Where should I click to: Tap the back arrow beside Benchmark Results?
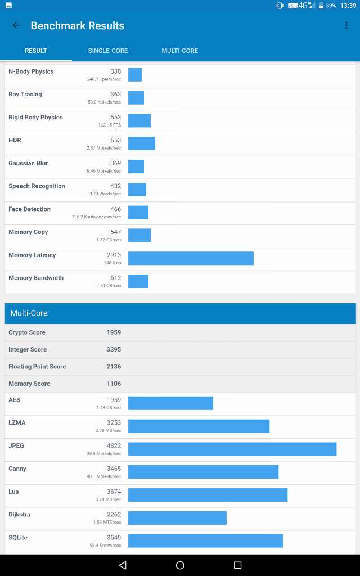tap(16, 25)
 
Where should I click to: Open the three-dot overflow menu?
tap(346, 25)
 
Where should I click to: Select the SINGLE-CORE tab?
tap(108, 51)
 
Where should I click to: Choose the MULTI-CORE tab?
tap(180, 51)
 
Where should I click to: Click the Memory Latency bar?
tap(191, 258)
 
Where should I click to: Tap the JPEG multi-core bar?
tap(232, 449)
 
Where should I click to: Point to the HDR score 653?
tap(115, 140)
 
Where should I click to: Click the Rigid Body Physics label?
tap(35, 118)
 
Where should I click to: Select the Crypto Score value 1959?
tap(114, 332)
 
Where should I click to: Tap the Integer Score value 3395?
tap(114, 349)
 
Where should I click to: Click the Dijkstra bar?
tap(177, 518)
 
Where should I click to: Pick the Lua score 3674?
tap(114, 492)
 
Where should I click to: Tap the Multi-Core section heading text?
tap(29, 313)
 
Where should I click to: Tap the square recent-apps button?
tap(237, 565)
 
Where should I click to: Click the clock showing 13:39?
tap(348, 6)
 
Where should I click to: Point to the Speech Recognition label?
tap(37, 186)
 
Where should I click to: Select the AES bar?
tap(170, 403)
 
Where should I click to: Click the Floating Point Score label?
tap(37, 367)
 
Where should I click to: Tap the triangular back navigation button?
tap(123, 565)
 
